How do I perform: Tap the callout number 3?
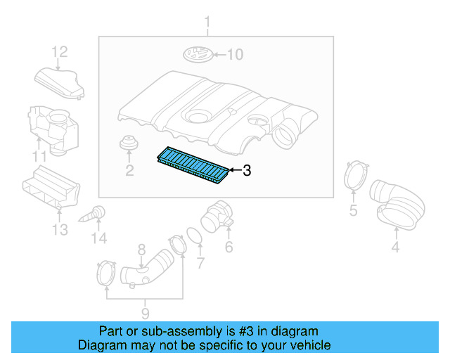pyautogui.click(x=247, y=170)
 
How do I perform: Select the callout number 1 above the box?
pyautogui.click(x=207, y=25)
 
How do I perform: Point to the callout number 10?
pyautogui.click(x=234, y=54)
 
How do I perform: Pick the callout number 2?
pyautogui.click(x=129, y=170)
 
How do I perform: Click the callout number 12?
pyautogui.click(x=60, y=51)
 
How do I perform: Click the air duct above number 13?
pyautogui.click(x=51, y=189)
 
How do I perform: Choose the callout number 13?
pyautogui.click(x=60, y=230)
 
